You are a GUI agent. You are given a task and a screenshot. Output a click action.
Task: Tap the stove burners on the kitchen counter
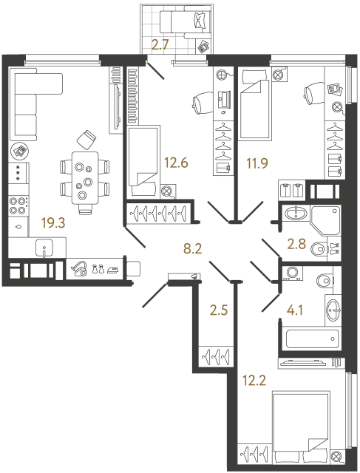tap(18, 203)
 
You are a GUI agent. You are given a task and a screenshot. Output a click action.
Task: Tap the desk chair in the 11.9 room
tap(312, 93)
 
